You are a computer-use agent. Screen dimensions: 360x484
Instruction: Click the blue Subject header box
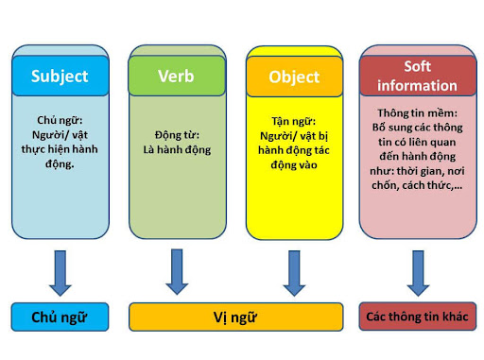(x=60, y=76)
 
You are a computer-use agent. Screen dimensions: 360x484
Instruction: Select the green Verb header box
(x=177, y=76)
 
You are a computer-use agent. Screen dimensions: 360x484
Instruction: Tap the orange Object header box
(x=292, y=77)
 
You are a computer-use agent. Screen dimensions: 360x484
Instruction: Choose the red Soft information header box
(x=417, y=76)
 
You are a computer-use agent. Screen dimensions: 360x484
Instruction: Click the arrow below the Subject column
(x=60, y=272)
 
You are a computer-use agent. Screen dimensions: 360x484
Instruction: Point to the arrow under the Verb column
(x=177, y=272)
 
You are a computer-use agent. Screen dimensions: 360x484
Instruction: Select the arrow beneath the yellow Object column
(x=293, y=272)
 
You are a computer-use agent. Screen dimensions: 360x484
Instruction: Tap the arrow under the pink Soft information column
(x=417, y=272)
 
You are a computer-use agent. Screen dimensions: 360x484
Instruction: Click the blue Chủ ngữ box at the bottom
(x=59, y=317)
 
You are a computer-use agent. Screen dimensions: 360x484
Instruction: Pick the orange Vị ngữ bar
(x=235, y=317)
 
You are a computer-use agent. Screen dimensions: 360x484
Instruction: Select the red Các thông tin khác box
(x=417, y=317)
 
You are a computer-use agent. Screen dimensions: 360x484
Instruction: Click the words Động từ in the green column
(x=177, y=135)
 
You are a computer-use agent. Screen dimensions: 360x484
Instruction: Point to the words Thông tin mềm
(x=417, y=112)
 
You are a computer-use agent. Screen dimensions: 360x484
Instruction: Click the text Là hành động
(x=177, y=149)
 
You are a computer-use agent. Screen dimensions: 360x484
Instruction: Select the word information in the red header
(x=417, y=84)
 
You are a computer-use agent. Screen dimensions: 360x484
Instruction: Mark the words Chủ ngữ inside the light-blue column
(x=60, y=122)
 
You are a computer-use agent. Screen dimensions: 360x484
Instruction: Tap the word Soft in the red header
(x=417, y=67)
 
